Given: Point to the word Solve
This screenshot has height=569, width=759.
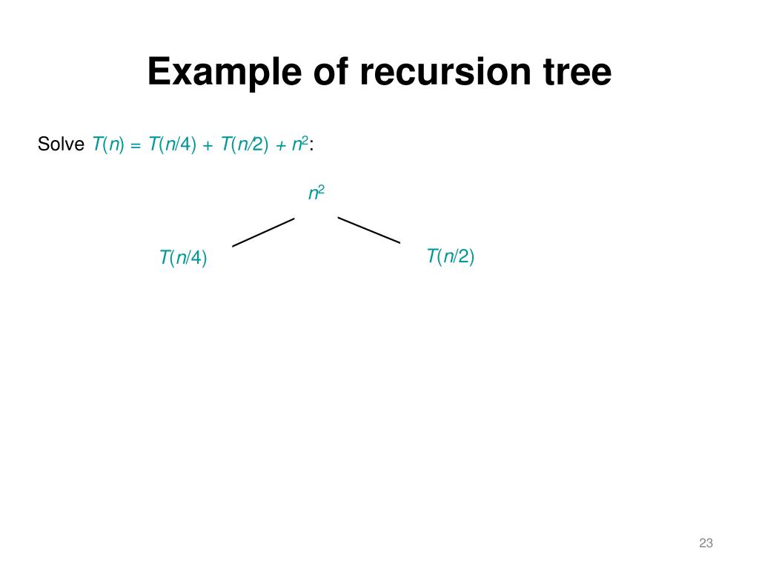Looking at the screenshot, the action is coord(61,144).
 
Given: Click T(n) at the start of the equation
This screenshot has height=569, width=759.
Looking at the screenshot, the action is coord(107,144).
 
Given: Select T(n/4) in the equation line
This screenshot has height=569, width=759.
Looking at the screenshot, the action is coord(172,144).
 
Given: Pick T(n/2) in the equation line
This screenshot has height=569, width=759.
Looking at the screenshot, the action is coord(244,144).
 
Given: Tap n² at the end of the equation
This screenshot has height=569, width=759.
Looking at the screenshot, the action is coord(300,144).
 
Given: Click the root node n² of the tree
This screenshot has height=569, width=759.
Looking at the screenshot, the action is coord(316,194).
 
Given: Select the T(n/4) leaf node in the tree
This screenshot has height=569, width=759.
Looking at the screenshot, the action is coord(183,259).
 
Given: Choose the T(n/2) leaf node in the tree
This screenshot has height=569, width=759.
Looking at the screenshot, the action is coord(450,257).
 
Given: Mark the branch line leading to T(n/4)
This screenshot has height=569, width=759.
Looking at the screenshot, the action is coord(264,232).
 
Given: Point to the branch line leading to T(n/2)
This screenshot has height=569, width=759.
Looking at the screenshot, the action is coord(369,230).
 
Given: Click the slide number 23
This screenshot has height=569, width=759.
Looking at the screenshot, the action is coord(706,544).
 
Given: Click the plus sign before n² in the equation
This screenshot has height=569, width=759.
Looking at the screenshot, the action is coord(280,146).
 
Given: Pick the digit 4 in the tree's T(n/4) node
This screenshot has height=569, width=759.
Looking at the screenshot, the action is coord(196,259).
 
